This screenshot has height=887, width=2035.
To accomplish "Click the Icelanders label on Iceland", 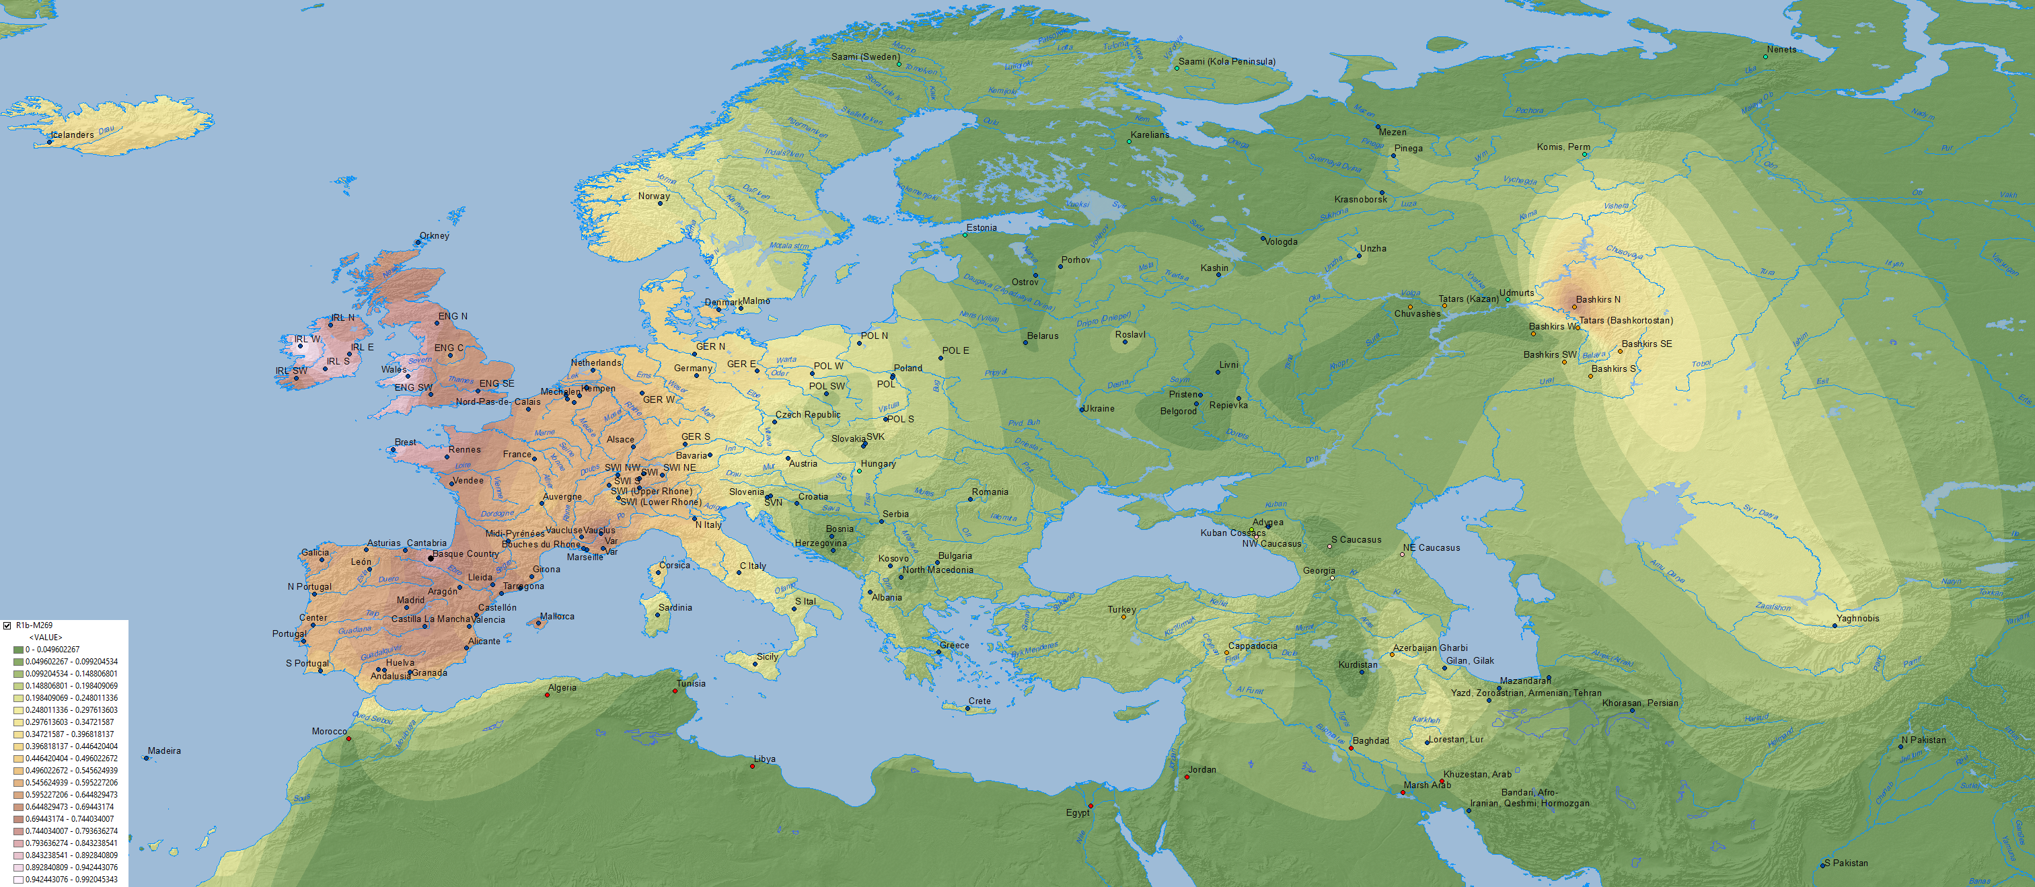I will pyautogui.click(x=72, y=135).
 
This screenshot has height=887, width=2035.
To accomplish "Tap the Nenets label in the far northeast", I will pyautogui.click(x=1781, y=50).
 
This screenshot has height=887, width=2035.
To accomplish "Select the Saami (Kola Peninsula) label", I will pyautogui.click(x=1226, y=62).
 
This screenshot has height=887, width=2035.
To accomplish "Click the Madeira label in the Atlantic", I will pyautogui.click(x=164, y=751).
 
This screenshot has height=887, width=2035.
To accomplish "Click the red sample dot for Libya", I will pyautogui.click(x=752, y=766).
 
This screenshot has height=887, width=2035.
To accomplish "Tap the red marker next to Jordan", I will pyautogui.click(x=1187, y=777).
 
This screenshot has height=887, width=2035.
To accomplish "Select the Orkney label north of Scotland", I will pyautogui.click(x=434, y=235).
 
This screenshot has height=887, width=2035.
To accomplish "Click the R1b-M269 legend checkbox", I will pyautogui.click(x=7, y=625).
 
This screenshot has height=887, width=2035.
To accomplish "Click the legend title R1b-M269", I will pyautogui.click(x=34, y=625).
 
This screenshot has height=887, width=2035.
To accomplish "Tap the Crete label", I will pyautogui.click(x=979, y=701).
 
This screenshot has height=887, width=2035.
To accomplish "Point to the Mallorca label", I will pyautogui.click(x=557, y=616).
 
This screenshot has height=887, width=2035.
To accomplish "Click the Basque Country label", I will pyautogui.click(x=466, y=553).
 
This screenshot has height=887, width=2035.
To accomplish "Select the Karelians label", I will pyautogui.click(x=1150, y=135).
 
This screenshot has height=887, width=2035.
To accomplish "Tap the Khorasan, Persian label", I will pyautogui.click(x=1640, y=703).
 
